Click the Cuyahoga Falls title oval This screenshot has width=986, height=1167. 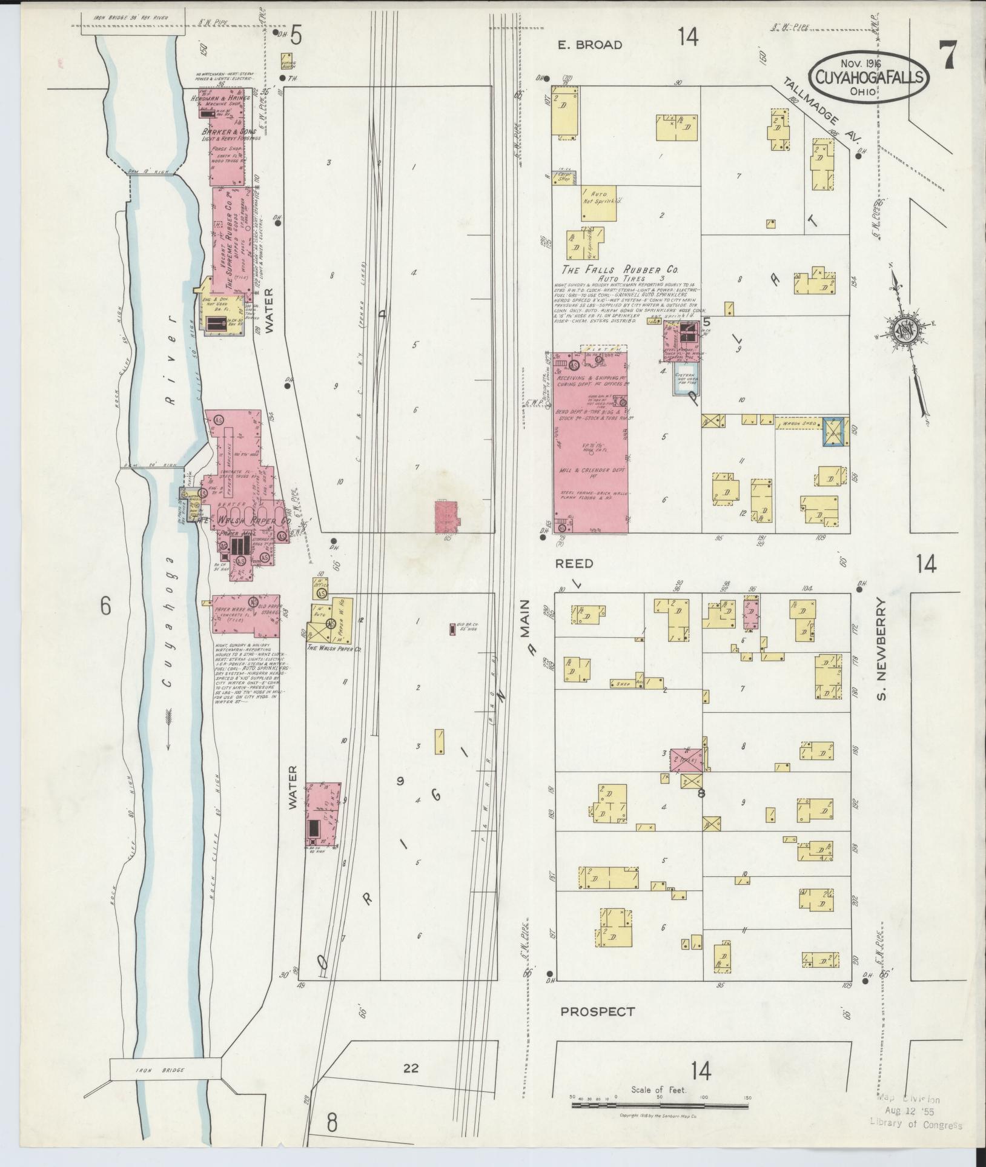click(869, 76)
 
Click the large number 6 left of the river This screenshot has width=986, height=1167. click(106, 606)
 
